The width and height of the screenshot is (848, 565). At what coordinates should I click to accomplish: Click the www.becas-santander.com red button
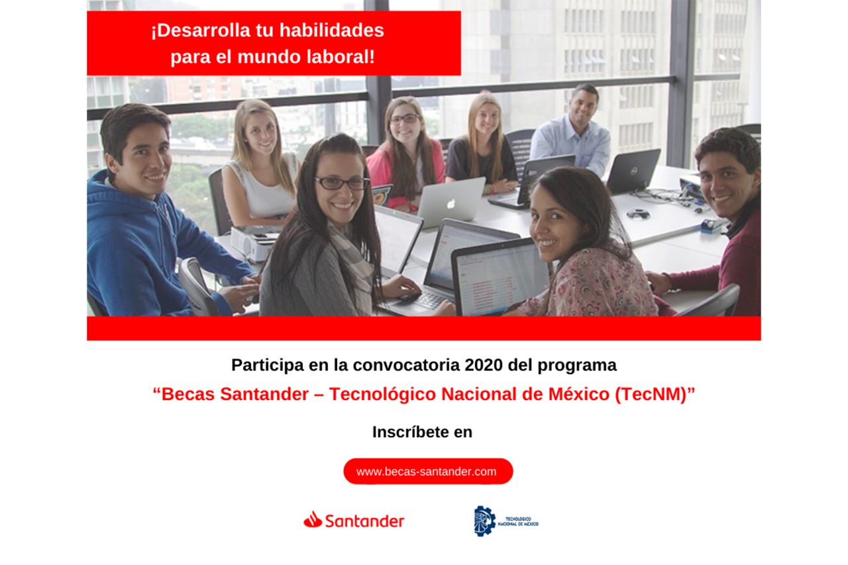tap(428, 471)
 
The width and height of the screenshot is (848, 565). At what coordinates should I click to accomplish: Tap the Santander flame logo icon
tap(313, 519)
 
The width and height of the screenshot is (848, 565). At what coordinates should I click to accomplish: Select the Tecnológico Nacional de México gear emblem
tap(484, 521)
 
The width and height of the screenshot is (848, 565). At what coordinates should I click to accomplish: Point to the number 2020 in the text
tap(484, 365)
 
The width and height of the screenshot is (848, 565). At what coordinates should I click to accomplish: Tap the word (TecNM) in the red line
tap(651, 394)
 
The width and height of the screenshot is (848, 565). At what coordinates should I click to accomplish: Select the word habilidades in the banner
tap(332, 30)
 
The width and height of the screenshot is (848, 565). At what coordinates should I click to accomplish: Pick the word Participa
tap(268, 365)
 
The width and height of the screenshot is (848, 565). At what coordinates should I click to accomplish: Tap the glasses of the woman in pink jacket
tap(405, 119)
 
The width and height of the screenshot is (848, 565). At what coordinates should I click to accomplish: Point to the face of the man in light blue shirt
tap(584, 109)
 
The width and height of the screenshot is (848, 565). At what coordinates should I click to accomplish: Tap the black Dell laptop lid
tap(633, 170)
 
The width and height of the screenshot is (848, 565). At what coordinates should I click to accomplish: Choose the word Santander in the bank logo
tap(364, 521)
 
